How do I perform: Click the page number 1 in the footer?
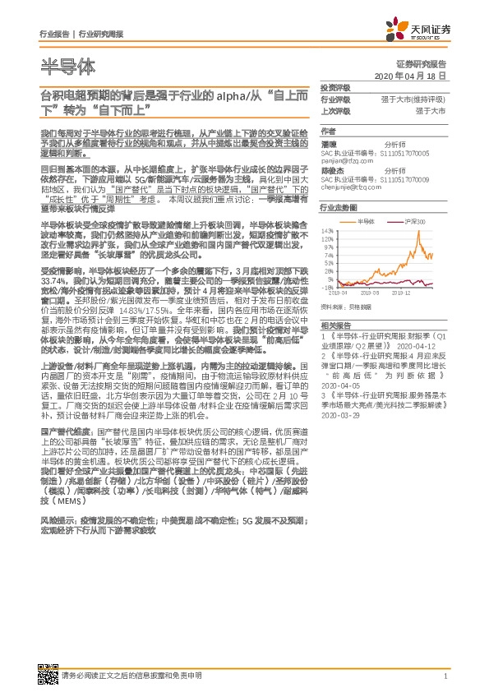click(444, 676)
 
